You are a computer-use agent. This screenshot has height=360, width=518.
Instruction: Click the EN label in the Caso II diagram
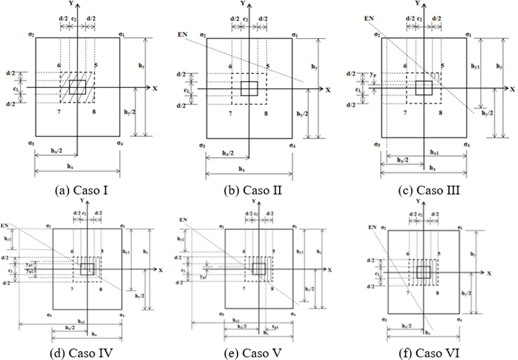click(182, 33)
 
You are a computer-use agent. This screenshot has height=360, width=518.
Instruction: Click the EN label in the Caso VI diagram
click(373, 226)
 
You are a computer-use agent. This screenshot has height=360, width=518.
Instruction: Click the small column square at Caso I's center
click(78, 87)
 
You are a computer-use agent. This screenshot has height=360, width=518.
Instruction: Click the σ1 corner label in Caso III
click(468, 35)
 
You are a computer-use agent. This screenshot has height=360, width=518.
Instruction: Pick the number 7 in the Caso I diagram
click(60, 109)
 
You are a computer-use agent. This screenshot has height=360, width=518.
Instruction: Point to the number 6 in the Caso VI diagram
click(405, 255)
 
